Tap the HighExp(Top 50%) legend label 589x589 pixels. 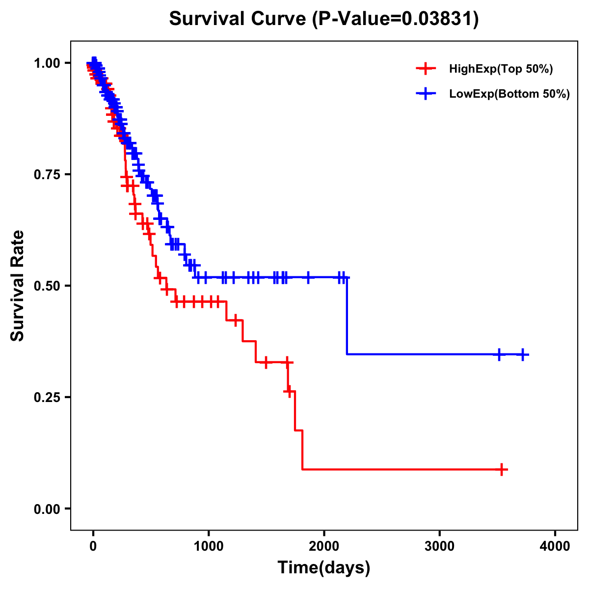[x=501, y=69]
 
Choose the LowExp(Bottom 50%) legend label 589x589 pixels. [x=509, y=94]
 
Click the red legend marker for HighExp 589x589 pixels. [x=426, y=69]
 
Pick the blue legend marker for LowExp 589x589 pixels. [x=426, y=94]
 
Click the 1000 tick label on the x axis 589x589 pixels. [x=209, y=546]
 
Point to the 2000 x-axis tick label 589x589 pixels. [x=324, y=546]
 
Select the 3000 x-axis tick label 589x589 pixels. [x=439, y=546]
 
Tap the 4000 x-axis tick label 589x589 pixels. [x=555, y=546]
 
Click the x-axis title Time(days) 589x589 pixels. [x=324, y=568]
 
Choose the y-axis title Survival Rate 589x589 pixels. [x=18, y=286]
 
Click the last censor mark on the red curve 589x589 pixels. [x=502, y=470]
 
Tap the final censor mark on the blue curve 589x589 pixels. [x=523, y=354]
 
